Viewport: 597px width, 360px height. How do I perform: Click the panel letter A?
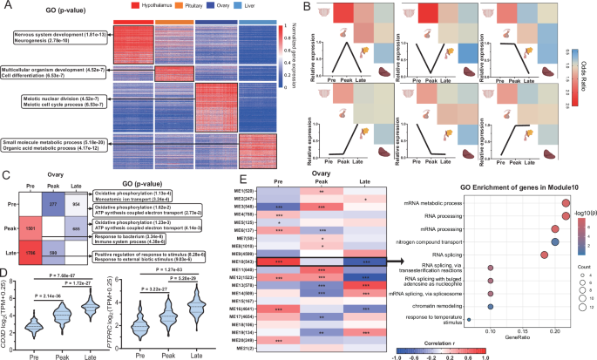point(7,6)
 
